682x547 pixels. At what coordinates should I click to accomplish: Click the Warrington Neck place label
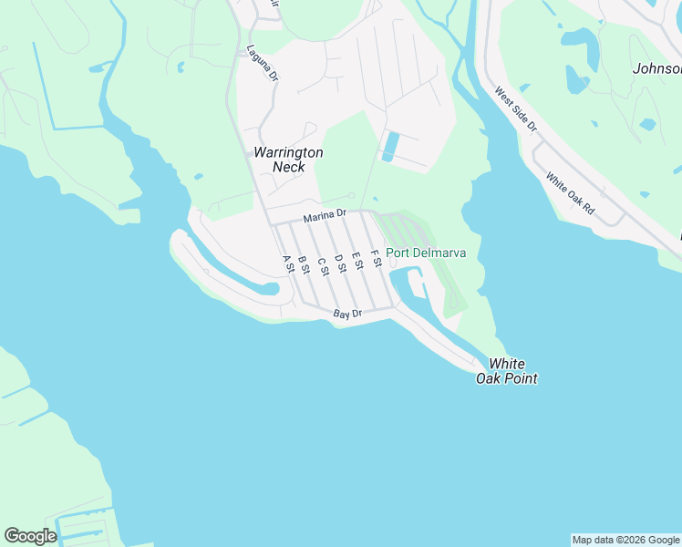coord(287,160)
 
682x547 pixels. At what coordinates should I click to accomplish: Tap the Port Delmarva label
coord(426,253)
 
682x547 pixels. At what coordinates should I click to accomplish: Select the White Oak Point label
coord(506,371)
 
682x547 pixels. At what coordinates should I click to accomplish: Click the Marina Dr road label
coord(325,215)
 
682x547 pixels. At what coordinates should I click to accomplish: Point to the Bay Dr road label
coord(347,314)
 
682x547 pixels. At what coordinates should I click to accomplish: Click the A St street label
coord(288,263)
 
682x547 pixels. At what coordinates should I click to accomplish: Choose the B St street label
coord(305,263)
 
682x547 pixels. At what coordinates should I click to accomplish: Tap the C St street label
coord(322,263)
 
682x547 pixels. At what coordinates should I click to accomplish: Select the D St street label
coord(339,263)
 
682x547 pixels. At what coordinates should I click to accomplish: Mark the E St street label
coord(356,261)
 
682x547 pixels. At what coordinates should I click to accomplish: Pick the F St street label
coord(375,258)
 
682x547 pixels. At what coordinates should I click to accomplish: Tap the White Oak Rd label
coord(570,193)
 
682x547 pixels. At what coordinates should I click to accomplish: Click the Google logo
coord(30,535)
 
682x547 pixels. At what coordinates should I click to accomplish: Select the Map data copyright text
coord(626,540)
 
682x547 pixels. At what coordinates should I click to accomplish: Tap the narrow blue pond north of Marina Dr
coord(391,146)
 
